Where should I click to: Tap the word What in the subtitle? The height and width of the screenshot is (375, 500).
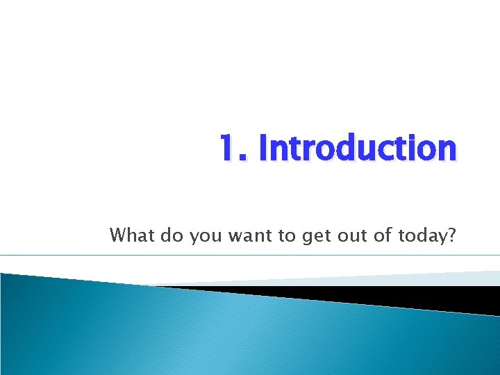133,235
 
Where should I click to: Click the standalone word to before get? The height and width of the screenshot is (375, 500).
287,236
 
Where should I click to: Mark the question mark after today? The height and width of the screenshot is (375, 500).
451,235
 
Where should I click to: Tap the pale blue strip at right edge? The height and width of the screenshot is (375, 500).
479,277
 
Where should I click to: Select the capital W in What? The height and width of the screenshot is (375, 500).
118,235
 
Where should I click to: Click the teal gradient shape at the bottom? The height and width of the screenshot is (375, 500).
208,333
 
